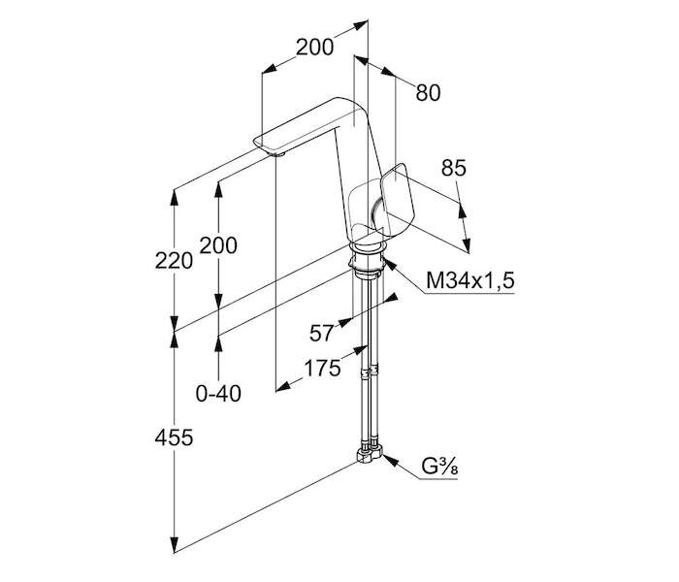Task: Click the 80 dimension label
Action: coord(428,93)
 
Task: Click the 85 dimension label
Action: coord(453,168)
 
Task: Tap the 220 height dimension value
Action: coord(174,261)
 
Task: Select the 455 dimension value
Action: coord(174,437)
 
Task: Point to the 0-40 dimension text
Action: coord(218,394)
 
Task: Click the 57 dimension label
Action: coord(321,333)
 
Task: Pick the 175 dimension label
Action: coord(322,369)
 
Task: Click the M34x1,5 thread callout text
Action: coord(470,280)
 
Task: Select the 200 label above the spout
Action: coord(314,47)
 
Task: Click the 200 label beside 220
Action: coord(218,245)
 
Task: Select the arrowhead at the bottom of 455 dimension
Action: coord(174,545)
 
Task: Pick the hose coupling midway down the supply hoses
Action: coord(370,372)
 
